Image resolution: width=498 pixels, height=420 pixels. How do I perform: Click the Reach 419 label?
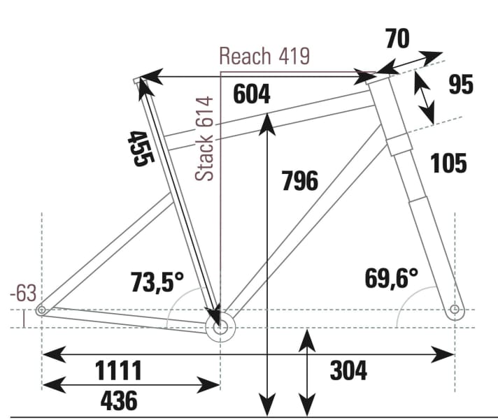264,56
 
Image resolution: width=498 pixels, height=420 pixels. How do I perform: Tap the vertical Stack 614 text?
205,138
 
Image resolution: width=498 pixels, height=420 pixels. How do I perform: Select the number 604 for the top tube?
251,94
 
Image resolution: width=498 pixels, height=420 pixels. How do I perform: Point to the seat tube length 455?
139,148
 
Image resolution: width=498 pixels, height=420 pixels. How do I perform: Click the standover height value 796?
299,181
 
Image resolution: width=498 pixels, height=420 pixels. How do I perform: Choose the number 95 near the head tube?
460,85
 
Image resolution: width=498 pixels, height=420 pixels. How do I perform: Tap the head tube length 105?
448,164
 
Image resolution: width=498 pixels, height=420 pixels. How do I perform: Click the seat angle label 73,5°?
157,282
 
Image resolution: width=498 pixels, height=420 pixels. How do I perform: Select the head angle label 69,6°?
391,277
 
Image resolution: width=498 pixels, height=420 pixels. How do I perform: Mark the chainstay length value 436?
118,401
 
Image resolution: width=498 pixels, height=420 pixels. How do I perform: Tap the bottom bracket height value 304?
348,371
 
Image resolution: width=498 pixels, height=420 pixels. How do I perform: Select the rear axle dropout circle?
42,309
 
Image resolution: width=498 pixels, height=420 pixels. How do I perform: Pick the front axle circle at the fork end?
455,309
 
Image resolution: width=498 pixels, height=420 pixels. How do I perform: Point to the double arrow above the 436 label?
131,384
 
